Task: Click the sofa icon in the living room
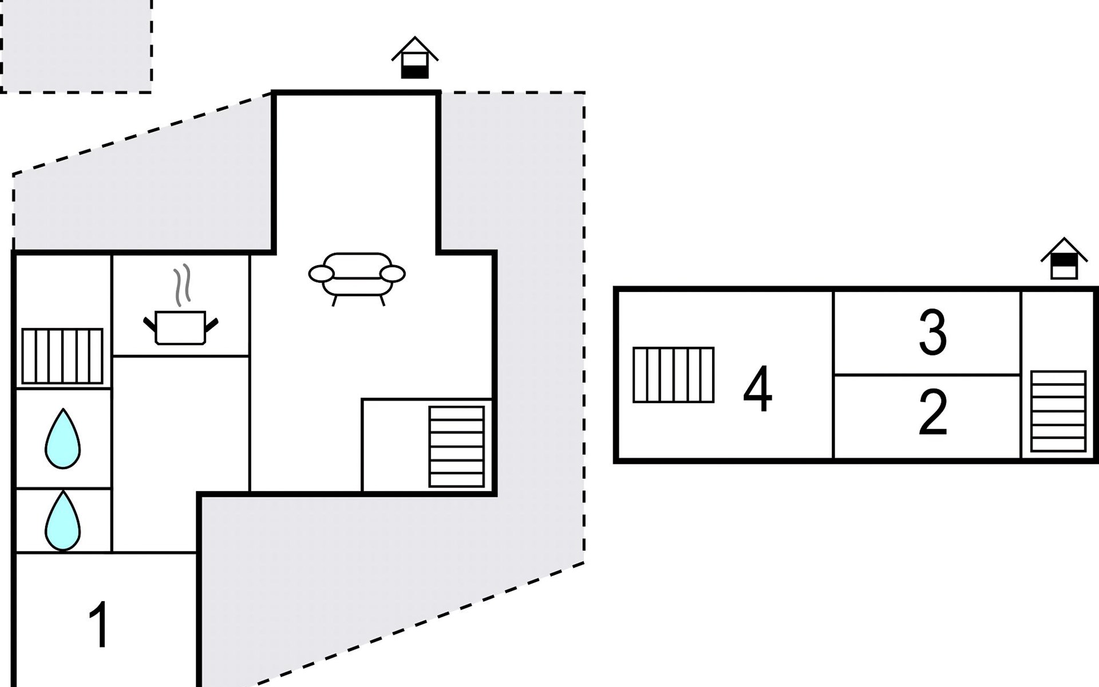coord(357,276)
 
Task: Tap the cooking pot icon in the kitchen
coord(180,327)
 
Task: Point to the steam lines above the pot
coord(182,285)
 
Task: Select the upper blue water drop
coord(62,440)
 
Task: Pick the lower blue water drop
coord(62,521)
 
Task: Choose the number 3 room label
coord(932,333)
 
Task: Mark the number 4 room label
coord(757,390)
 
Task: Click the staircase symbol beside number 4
coord(673,375)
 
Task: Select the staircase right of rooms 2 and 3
coord(1058,411)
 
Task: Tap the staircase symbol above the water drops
coord(62,356)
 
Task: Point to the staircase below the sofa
coord(456,447)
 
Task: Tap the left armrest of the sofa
coord(321,274)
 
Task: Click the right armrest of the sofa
coord(393,274)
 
